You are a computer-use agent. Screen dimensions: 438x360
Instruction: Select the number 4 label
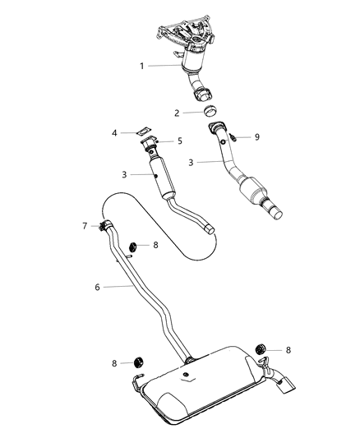click(x=116, y=132)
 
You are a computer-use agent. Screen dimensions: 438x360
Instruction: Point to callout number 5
click(x=179, y=141)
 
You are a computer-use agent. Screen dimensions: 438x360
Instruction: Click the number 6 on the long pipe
click(x=96, y=287)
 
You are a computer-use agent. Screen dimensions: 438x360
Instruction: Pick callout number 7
click(x=84, y=224)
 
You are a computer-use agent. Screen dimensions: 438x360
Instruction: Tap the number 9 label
click(x=256, y=137)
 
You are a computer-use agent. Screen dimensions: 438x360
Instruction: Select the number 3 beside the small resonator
click(x=123, y=175)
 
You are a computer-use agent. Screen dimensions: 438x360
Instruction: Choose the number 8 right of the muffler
click(x=288, y=350)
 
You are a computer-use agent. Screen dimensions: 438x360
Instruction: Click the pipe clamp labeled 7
click(x=105, y=227)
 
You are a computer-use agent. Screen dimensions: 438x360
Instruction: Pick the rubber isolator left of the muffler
click(x=138, y=362)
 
